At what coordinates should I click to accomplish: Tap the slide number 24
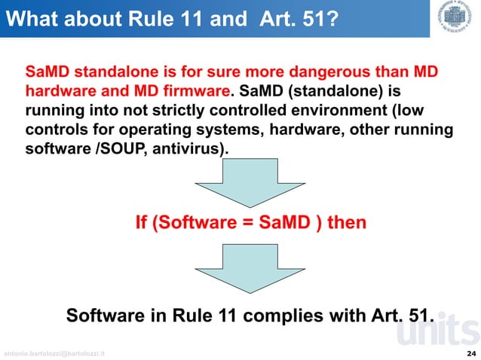471,352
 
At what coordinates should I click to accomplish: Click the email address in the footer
54,352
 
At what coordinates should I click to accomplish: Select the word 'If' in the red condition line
140,223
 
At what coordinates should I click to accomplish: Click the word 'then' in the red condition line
347,223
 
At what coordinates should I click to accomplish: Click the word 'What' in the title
32,18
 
